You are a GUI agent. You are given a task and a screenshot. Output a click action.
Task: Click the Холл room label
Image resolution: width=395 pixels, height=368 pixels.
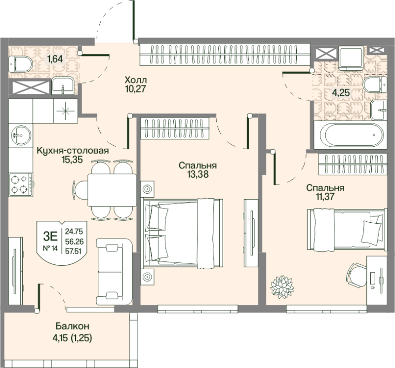[x=136, y=80]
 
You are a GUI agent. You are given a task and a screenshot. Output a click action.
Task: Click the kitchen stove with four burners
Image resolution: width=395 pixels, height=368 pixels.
[x=20, y=183]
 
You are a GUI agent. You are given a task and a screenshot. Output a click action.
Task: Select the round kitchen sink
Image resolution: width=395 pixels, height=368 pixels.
[x=20, y=132]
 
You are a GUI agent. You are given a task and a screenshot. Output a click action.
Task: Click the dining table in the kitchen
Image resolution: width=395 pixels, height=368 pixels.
[x=112, y=190]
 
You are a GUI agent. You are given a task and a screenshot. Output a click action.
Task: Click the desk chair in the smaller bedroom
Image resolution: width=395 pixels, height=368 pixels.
[x=357, y=273]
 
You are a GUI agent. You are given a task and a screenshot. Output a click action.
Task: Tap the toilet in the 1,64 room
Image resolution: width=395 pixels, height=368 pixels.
[x=22, y=63]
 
